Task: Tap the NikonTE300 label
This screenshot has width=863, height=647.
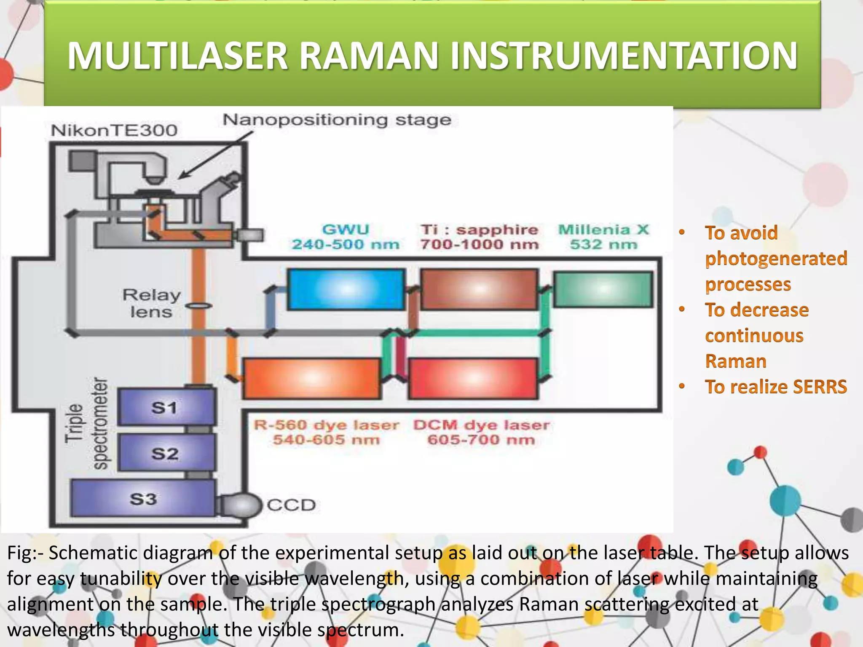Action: click(x=114, y=130)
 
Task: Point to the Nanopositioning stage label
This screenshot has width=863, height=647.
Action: click(x=337, y=120)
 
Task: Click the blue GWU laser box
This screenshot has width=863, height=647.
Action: click(x=346, y=290)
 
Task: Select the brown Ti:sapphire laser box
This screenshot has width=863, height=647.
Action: click(x=479, y=289)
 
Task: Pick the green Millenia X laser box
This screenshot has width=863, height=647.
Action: click(x=603, y=289)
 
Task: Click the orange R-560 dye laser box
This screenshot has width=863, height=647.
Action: click(x=312, y=378)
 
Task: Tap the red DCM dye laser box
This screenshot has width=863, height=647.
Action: click(x=473, y=378)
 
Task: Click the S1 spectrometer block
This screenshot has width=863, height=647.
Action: click(x=166, y=407)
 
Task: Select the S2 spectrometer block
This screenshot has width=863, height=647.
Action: click(x=166, y=453)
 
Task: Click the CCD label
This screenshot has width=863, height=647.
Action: click(x=291, y=505)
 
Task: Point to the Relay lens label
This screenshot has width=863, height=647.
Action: click(x=151, y=303)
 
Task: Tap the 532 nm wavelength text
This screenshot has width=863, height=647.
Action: click(x=603, y=244)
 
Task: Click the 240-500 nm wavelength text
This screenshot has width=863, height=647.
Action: click(x=346, y=244)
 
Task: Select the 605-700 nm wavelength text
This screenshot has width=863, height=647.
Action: click(x=481, y=440)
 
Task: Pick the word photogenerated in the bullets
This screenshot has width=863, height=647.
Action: click(x=776, y=258)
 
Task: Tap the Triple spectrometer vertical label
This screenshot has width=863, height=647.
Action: click(x=86, y=423)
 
